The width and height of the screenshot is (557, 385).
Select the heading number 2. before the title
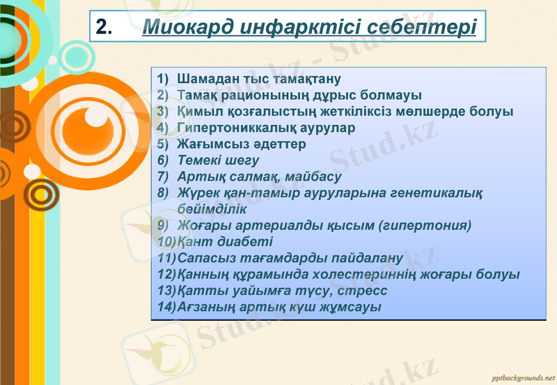click(104, 27)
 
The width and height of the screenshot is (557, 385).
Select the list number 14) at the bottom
click(167, 307)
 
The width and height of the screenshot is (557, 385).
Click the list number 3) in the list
click(164, 111)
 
